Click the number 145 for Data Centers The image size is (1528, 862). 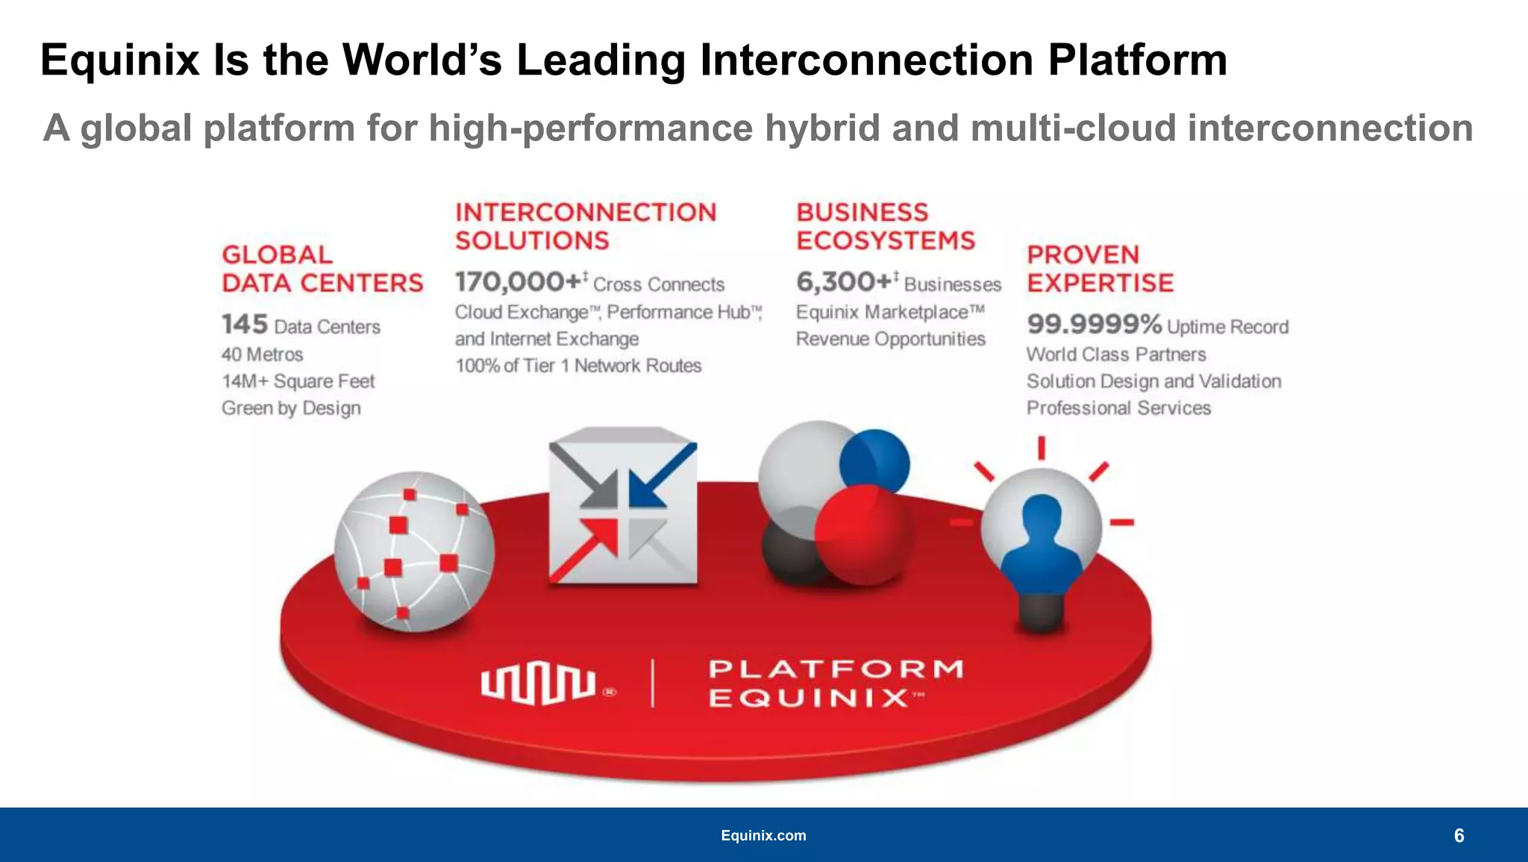click(x=244, y=325)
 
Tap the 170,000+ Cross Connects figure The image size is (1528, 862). click(x=519, y=282)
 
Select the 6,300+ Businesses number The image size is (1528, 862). click(x=845, y=282)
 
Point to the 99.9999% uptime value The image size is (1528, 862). click(x=1094, y=325)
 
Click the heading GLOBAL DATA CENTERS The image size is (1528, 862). click(x=322, y=269)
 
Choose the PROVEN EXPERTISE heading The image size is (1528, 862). click(x=1100, y=269)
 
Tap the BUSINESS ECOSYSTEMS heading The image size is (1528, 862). click(x=885, y=227)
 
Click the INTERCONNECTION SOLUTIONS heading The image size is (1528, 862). click(x=586, y=227)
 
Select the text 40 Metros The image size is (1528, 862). click(x=263, y=355)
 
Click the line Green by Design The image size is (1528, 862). click(x=291, y=408)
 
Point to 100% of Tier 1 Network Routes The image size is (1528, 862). click(x=578, y=366)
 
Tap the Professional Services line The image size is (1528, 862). click(x=1118, y=408)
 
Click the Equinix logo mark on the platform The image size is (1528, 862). click(x=538, y=684)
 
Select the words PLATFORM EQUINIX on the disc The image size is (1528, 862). click(x=836, y=683)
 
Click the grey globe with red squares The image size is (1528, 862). click(x=413, y=552)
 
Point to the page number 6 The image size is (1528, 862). click(x=1459, y=836)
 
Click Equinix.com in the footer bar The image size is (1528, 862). click(x=763, y=836)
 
